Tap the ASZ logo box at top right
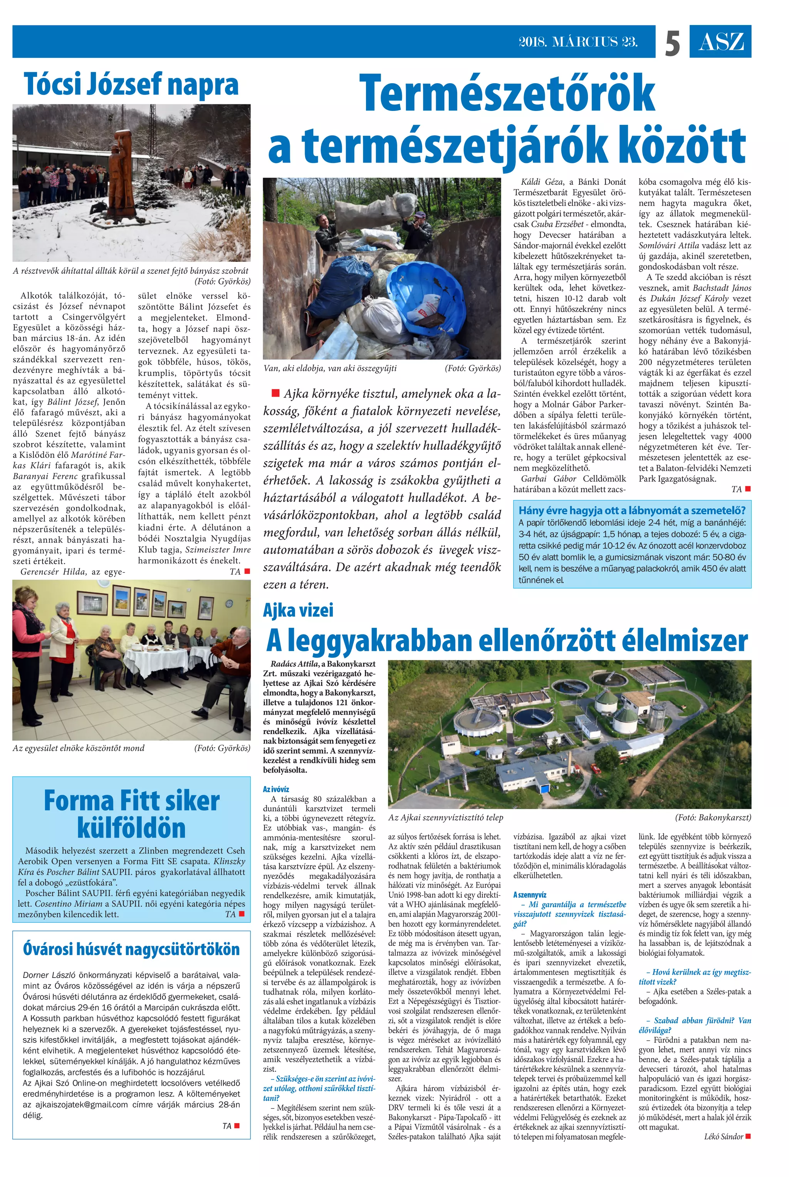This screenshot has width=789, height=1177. click(720, 42)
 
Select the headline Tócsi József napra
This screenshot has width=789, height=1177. click(131, 84)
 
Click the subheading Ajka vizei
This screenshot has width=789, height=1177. click(298, 610)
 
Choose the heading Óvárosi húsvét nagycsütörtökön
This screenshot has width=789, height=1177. click(131, 949)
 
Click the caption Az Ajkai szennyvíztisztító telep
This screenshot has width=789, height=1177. click(445, 817)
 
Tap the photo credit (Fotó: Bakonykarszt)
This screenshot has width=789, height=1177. click(712, 817)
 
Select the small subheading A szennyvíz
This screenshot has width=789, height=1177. click(529, 895)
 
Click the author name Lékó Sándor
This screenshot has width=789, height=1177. click(724, 1136)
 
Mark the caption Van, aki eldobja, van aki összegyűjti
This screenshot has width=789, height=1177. click(330, 368)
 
